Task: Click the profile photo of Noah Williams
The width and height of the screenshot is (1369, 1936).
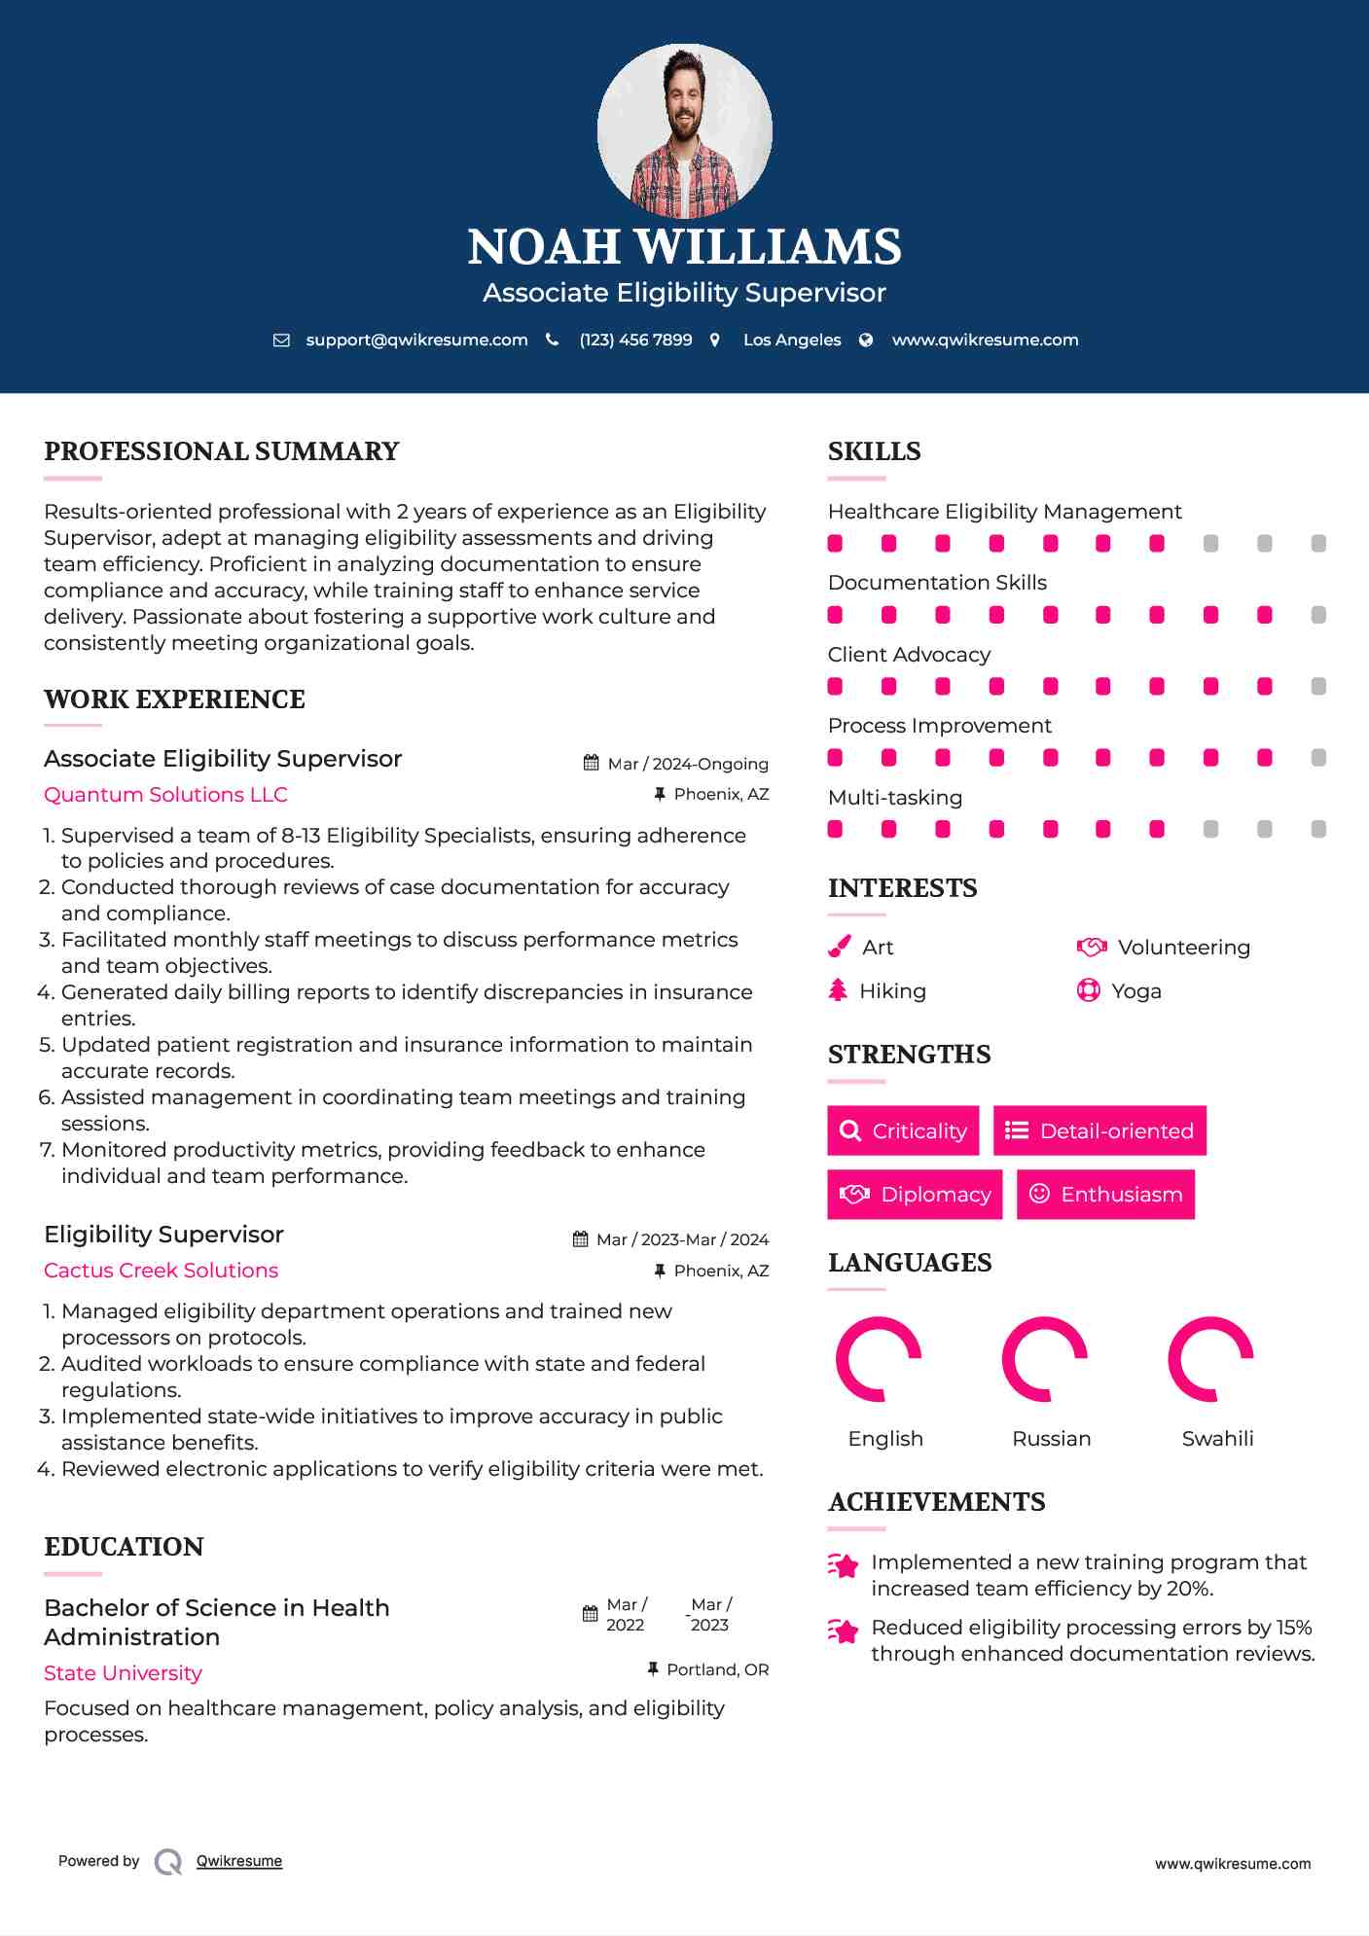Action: pyautogui.click(x=684, y=130)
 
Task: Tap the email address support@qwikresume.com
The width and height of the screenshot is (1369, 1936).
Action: pyautogui.click(x=416, y=340)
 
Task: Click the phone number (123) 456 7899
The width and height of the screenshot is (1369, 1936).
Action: pyautogui.click(x=635, y=340)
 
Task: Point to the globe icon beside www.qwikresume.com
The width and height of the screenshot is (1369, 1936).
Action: pyautogui.click(x=866, y=340)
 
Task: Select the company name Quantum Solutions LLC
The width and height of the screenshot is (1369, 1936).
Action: pyautogui.click(x=165, y=795)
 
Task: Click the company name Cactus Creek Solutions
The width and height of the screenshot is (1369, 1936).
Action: pyautogui.click(x=161, y=1271)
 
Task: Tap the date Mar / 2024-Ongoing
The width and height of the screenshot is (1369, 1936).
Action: pyautogui.click(x=687, y=764)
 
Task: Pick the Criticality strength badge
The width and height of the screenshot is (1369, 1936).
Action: pyautogui.click(x=903, y=1130)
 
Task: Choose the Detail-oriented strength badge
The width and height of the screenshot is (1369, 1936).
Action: pyautogui.click(x=1099, y=1130)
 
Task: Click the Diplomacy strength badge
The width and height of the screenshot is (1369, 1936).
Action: pyautogui.click(x=915, y=1195)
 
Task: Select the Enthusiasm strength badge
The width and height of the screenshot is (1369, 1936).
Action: pyautogui.click(x=1105, y=1195)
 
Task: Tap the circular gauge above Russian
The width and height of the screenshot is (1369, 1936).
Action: pyautogui.click(x=1044, y=1359)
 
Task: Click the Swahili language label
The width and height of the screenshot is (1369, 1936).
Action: pyautogui.click(x=1217, y=1439)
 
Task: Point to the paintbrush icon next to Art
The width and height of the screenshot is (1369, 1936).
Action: pyautogui.click(x=839, y=947)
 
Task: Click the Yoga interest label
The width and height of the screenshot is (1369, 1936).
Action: pyautogui.click(x=1136, y=991)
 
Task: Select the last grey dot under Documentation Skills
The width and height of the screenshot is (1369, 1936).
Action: pyautogui.click(x=1318, y=615)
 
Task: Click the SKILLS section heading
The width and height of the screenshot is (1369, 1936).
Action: pyautogui.click(x=874, y=451)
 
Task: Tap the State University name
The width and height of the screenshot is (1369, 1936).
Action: pyautogui.click(x=123, y=1673)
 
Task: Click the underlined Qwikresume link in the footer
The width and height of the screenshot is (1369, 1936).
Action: pyautogui.click(x=239, y=1861)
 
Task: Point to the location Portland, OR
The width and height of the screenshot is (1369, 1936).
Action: pyautogui.click(x=717, y=1669)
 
